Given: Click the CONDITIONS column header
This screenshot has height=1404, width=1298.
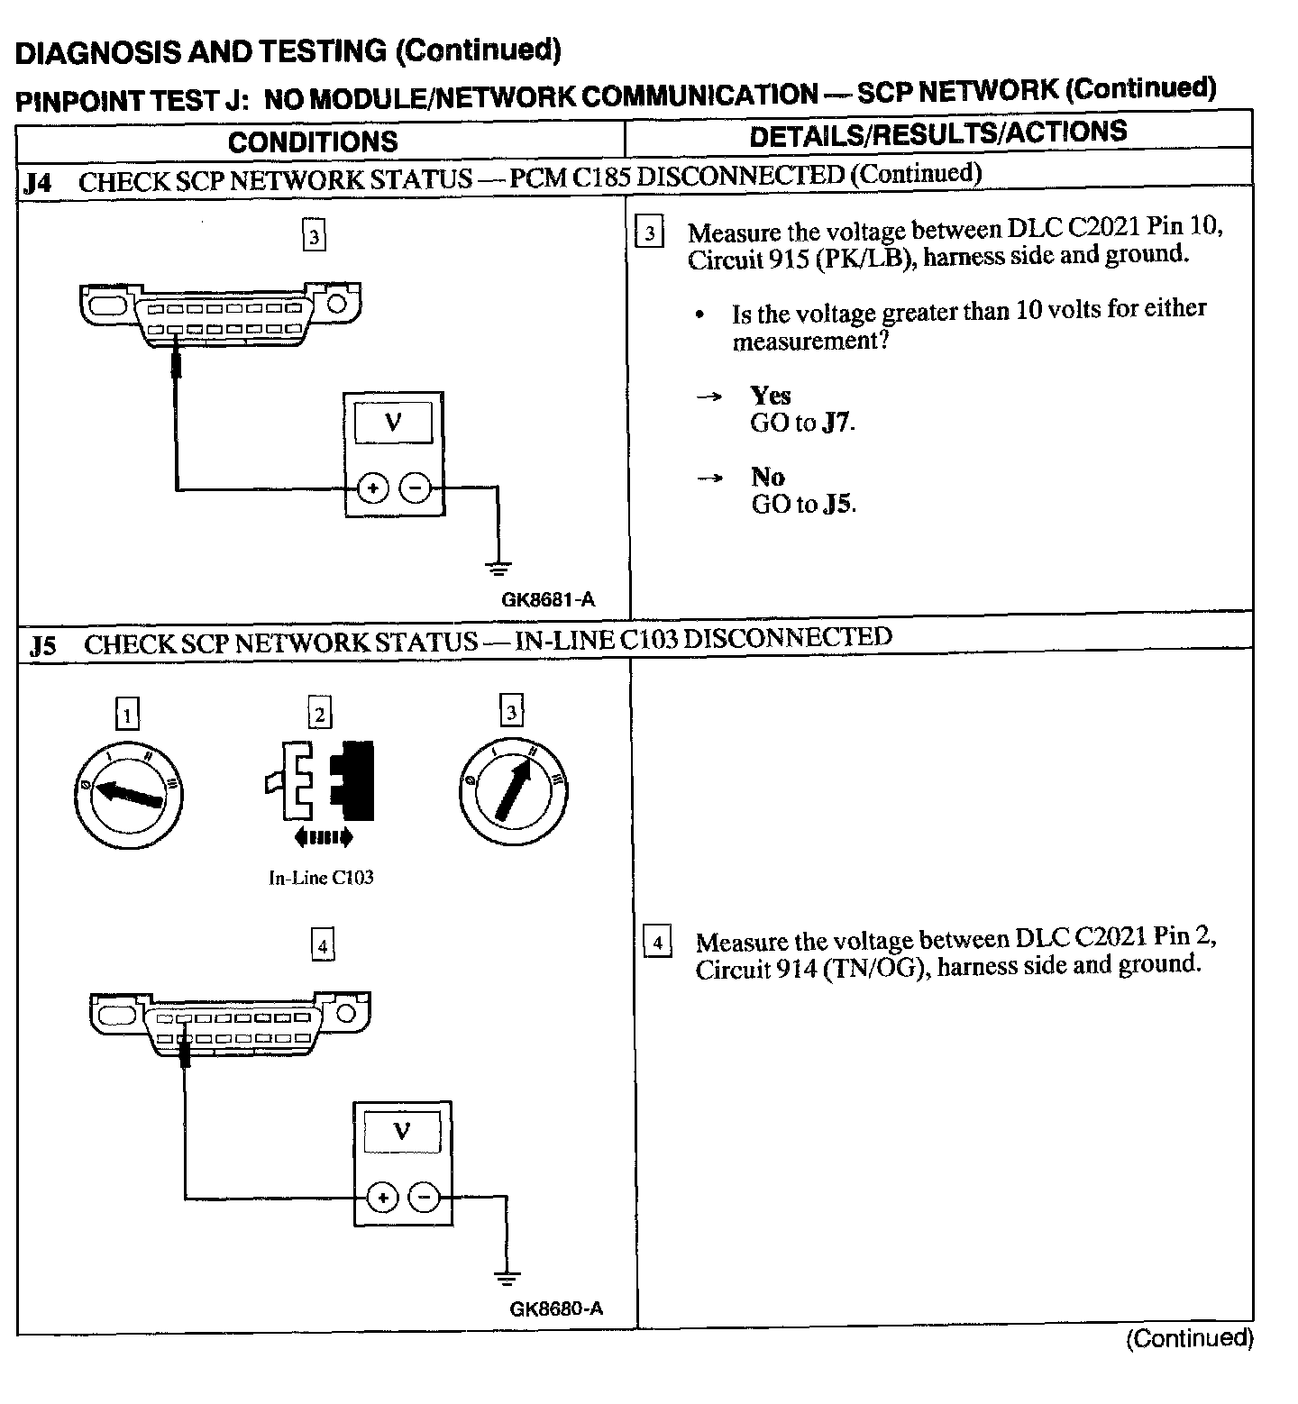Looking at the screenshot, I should [313, 141].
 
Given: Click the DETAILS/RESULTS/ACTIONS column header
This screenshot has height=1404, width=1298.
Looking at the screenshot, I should [937, 133].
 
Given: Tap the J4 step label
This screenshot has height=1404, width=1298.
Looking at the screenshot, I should [38, 183].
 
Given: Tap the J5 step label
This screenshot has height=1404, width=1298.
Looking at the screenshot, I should [42, 645].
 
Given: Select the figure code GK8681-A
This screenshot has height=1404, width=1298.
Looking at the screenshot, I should [548, 599].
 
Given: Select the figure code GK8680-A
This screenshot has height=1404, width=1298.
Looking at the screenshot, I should [556, 1308].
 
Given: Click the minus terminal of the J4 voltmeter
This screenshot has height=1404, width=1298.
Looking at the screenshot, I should [415, 488].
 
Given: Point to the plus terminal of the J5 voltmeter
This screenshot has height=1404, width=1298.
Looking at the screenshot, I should [382, 1198].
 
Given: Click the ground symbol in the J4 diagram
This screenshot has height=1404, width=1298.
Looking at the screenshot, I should [498, 567].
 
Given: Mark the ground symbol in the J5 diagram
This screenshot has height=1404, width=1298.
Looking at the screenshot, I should [507, 1276].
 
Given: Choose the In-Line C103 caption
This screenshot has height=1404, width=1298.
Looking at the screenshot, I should [321, 878].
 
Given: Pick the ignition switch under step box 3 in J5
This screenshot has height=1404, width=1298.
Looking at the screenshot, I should [513, 791].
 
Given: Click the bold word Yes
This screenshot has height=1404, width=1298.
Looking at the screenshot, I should [770, 396].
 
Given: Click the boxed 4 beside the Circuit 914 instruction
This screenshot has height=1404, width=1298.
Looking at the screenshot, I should [657, 944].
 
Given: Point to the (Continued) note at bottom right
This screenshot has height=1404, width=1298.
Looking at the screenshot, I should [1189, 1338].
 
